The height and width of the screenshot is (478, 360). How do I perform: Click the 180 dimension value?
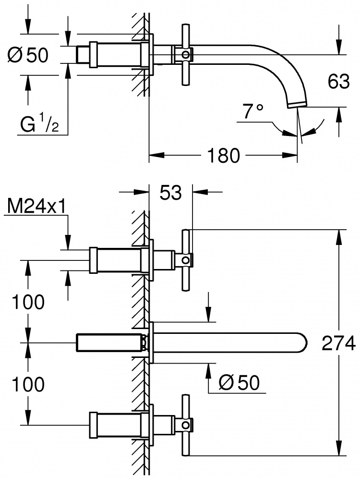pos(223,155)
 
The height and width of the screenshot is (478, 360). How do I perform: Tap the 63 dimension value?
pos(339,81)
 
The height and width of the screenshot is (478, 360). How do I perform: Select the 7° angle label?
pos(253,111)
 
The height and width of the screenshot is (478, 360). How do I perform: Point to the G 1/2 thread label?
pos(39,124)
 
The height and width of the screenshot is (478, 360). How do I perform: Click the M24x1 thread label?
pos(36,207)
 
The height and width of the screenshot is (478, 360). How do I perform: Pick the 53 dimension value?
pos(170,192)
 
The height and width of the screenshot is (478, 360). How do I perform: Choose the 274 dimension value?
pos(339,343)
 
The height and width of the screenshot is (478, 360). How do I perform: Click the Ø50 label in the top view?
pos(28,55)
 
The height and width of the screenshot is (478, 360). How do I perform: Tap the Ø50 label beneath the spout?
pos(240,382)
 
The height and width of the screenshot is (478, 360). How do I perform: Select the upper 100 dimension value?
pos(28,302)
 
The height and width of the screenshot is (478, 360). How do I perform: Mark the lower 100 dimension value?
pos(28,384)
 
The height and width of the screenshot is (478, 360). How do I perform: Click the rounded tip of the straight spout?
pos(306,343)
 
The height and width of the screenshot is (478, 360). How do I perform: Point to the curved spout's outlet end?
pos(298,105)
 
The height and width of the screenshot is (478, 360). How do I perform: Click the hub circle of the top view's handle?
pos(185,55)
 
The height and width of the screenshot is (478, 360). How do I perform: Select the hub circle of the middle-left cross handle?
pos(185,260)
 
